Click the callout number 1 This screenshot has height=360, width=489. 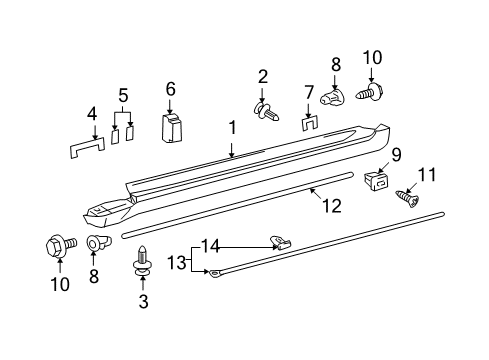click(231, 128)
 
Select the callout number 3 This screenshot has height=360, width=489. click(143, 300)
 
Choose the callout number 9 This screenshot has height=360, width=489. click(396, 154)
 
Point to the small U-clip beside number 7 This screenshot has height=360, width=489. click(309, 125)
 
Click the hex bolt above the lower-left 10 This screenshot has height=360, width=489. click(56, 244)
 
